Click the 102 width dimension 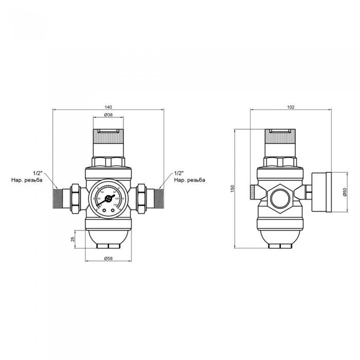click(x=291, y=107)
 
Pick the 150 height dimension click(x=232, y=190)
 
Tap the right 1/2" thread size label click(x=179, y=173)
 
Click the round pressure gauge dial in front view click(x=107, y=198)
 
